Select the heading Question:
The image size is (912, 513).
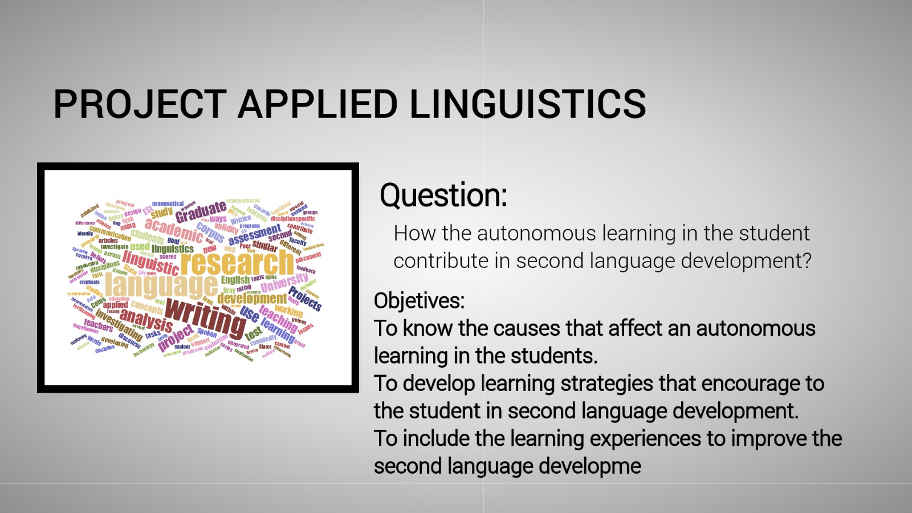tap(443, 195)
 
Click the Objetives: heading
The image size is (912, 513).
tap(419, 300)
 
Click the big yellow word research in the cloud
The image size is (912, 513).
tap(237, 262)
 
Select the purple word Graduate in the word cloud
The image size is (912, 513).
tap(201, 212)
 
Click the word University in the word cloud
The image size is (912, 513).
tap(284, 282)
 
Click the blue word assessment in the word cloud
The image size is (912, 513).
tap(254, 234)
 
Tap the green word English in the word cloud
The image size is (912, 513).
tap(235, 279)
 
